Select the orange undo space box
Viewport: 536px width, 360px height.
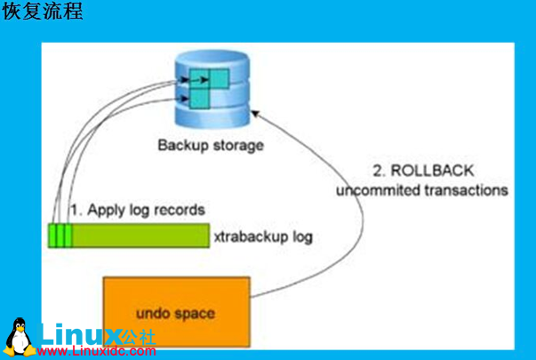click(x=178, y=313)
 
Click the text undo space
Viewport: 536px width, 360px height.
click(x=177, y=313)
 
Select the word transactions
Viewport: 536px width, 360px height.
click(x=472, y=190)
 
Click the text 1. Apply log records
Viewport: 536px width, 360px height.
click(x=138, y=211)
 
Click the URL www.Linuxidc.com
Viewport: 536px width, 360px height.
click(x=97, y=352)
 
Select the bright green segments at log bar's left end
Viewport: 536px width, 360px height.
click(x=60, y=235)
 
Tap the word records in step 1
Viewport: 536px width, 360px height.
click(x=182, y=211)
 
